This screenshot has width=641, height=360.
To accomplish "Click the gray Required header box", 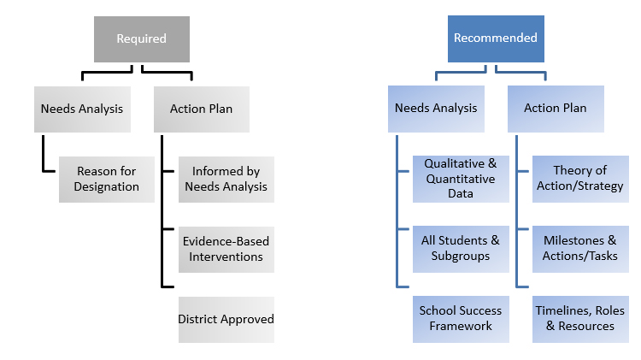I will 141,38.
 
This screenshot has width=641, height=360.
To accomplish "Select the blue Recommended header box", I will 496,38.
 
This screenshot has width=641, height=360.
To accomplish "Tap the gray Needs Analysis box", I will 82,109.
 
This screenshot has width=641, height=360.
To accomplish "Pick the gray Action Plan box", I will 202,109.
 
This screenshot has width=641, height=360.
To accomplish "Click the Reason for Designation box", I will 107,179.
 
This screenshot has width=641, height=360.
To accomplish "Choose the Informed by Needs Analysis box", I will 226,179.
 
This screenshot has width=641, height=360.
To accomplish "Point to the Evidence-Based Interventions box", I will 226,249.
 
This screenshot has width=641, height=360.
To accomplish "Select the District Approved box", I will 226,319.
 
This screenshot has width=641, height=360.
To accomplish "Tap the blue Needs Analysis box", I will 436,109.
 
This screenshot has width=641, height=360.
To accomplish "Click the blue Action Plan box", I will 555,109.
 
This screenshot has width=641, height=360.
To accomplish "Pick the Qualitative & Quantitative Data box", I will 460,179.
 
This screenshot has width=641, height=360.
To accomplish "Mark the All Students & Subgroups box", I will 460,249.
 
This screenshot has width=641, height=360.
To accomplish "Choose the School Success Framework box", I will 460,319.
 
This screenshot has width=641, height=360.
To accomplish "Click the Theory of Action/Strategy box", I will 579,179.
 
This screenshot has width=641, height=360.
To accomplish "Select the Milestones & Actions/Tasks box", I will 579,249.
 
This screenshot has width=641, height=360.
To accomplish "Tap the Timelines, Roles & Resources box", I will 579,319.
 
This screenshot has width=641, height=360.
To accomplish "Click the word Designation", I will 107,186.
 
